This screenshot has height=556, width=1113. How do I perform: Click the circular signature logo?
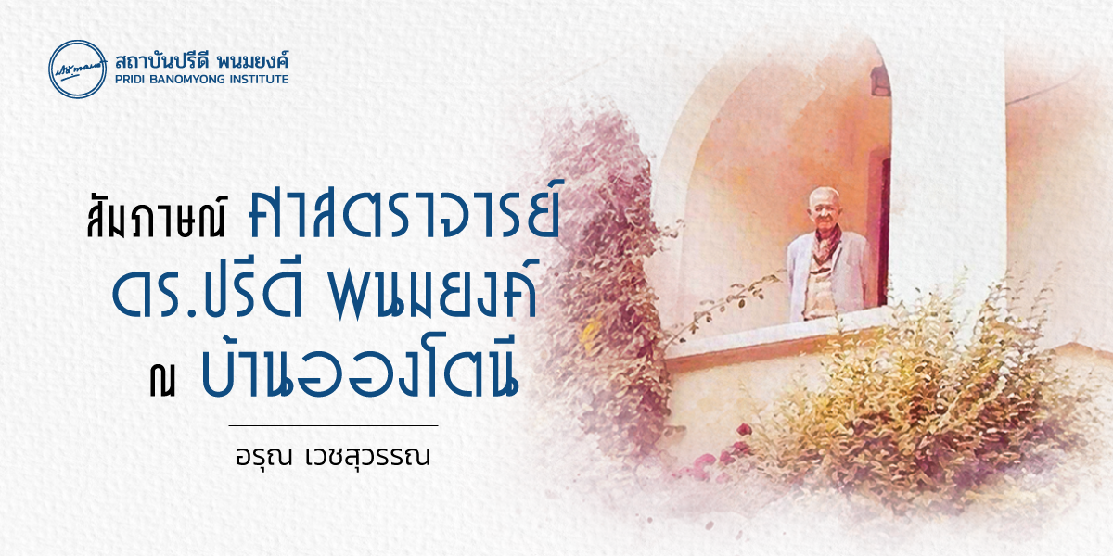click(x=78, y=69)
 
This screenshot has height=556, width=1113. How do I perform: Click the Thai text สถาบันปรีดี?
click(x=158, y=61)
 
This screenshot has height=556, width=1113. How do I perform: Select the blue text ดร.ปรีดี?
click(x=207, y=293)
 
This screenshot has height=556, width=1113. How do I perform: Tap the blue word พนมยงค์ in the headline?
click(x=433, y=293)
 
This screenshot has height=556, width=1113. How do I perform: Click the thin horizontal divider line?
click(x=333, y=425)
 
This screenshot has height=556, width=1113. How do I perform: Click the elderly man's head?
click(x=825, y=208)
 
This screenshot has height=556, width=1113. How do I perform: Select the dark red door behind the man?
click(x=882, y=228)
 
